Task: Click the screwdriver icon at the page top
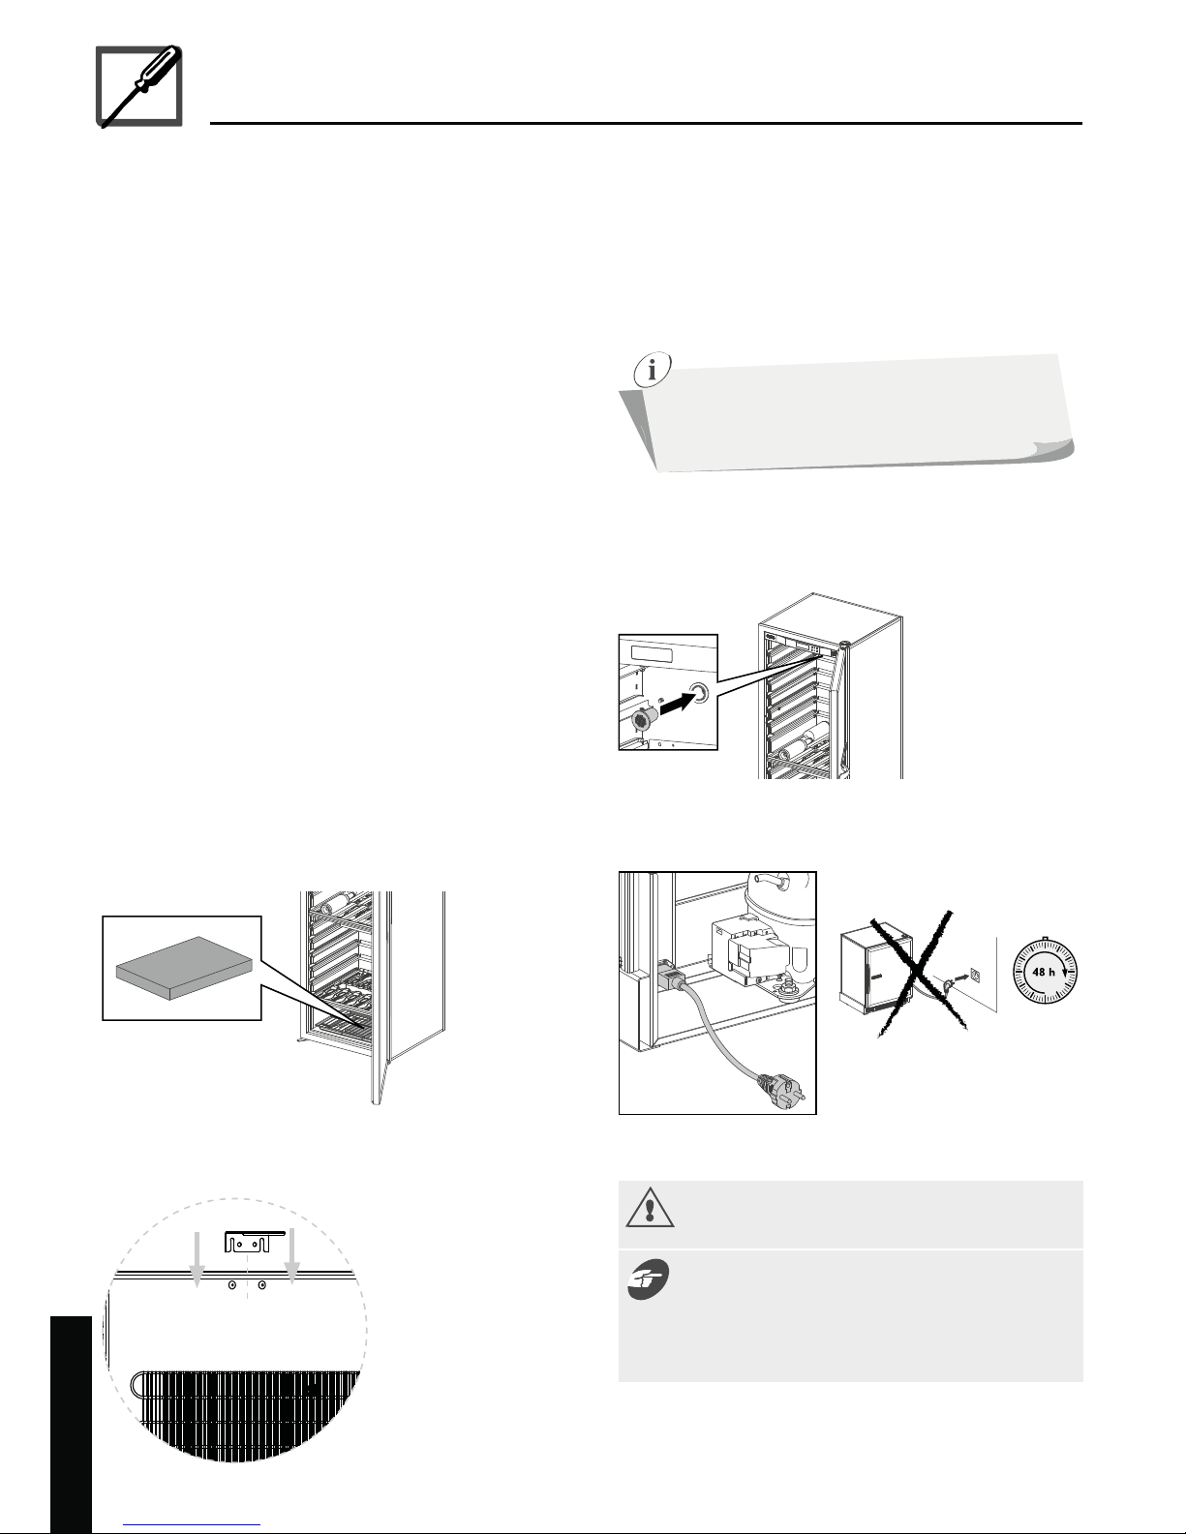pyautogui.click(x=139, y=86)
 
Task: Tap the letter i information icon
pyautogui.click(x=652, y=369)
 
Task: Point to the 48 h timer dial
pyautogui.click(x=1045, y=972)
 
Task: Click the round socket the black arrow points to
pyautogui.click(x=699, y=693)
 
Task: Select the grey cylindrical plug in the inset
pyautogui.click(x=643, y=720)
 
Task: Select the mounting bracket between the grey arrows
pyautogui.click(x=253, y=1242)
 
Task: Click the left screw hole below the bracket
pyautogui.click(x=232, y=1285)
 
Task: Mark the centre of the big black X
pyautogui.click(x=917, y=973)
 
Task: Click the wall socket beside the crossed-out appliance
pyautogui.click(x=975, y=975)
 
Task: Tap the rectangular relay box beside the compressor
pyautogui.click(x=745, y=951)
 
